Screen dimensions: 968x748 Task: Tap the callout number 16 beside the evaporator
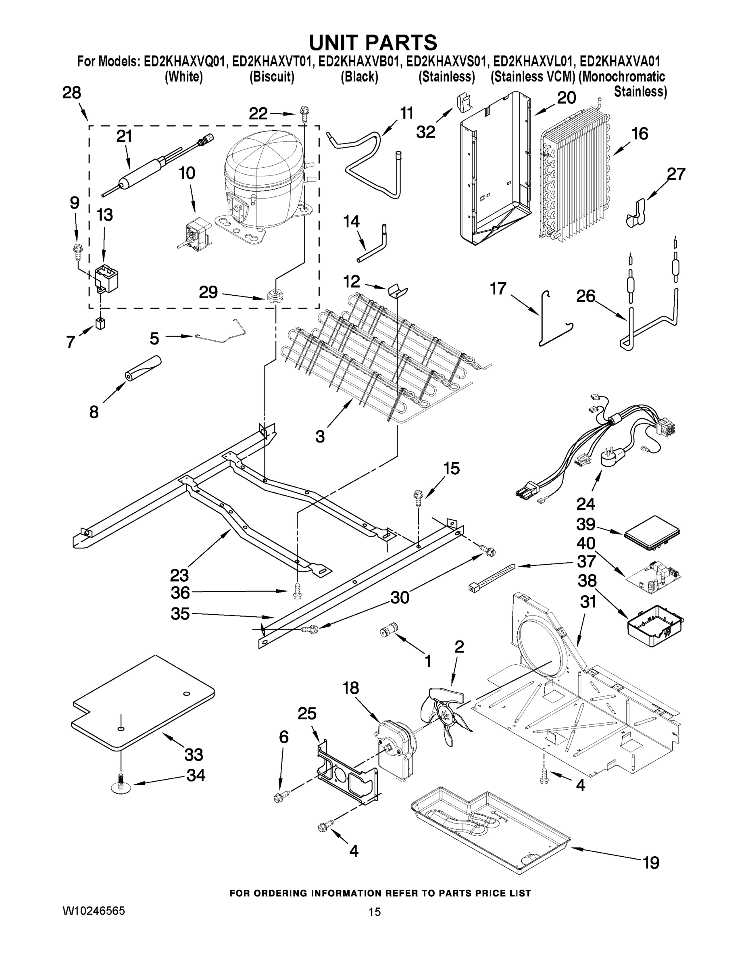640,134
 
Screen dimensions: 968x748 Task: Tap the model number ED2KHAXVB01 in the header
359,61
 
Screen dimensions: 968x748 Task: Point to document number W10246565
94,911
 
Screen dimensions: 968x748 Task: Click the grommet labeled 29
274,295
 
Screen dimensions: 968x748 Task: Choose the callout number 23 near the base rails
179,575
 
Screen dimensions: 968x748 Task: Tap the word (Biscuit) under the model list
272,77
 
